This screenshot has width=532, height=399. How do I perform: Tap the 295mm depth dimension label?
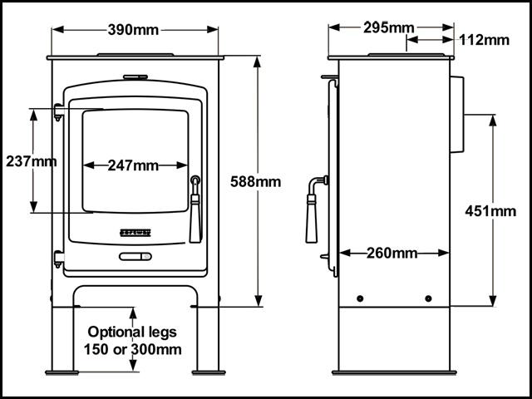[388, 27]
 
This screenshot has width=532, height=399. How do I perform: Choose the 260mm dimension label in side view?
[392, 252]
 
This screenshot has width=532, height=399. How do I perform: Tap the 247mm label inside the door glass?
[133, 165]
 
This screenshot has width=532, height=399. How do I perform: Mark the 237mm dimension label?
[31, 160]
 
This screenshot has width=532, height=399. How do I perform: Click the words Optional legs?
[133, 332]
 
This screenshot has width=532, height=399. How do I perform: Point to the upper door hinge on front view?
[58, 110]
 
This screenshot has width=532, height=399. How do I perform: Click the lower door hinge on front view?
[58, 259]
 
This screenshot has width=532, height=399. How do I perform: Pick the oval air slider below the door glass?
[135, 257]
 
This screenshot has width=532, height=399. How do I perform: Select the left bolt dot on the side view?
[359, 298]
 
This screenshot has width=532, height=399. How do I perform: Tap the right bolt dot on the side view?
[428, 298]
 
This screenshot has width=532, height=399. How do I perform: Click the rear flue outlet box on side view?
[457, 116]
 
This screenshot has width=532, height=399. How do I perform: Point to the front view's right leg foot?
[207, 370]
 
